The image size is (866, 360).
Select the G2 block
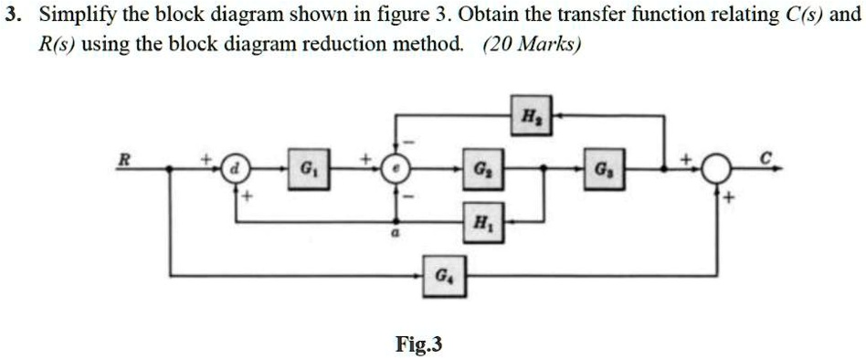481,169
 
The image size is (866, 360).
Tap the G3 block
604,169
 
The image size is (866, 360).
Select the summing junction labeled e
395,169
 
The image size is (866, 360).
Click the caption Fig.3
419,344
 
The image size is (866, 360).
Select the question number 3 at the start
10,16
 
